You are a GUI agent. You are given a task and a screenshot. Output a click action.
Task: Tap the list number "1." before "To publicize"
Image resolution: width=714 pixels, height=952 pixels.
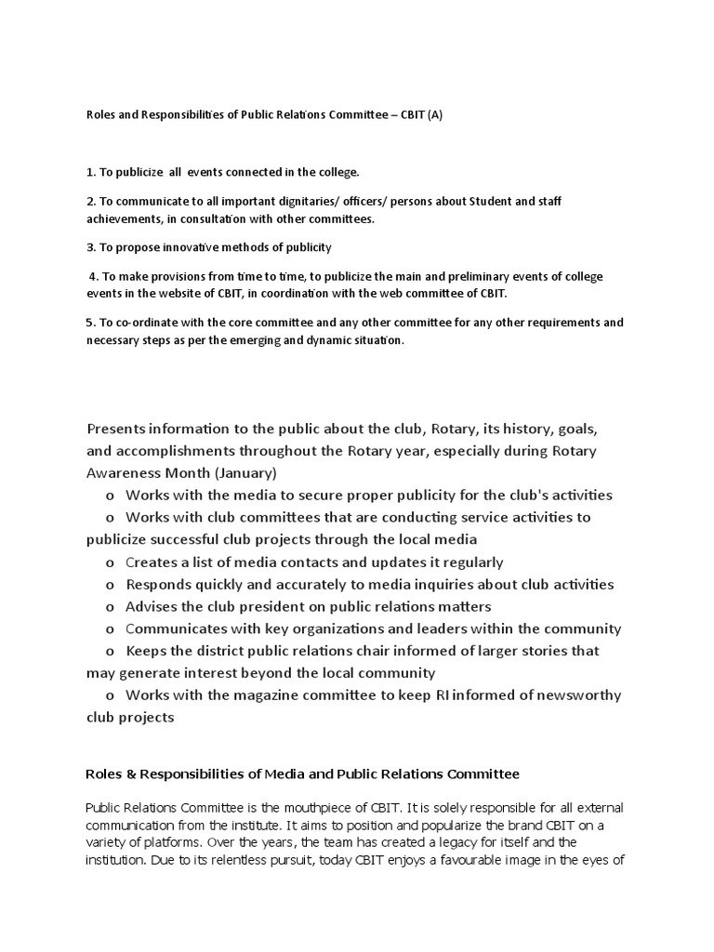[90, 173]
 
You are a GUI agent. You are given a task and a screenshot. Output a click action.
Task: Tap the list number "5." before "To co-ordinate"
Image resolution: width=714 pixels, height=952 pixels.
[90, 323]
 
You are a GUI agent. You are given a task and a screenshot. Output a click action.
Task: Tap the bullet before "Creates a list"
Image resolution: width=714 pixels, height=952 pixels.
[110, 562]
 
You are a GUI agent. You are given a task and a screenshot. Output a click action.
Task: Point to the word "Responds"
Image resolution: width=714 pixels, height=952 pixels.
[158, 585]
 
